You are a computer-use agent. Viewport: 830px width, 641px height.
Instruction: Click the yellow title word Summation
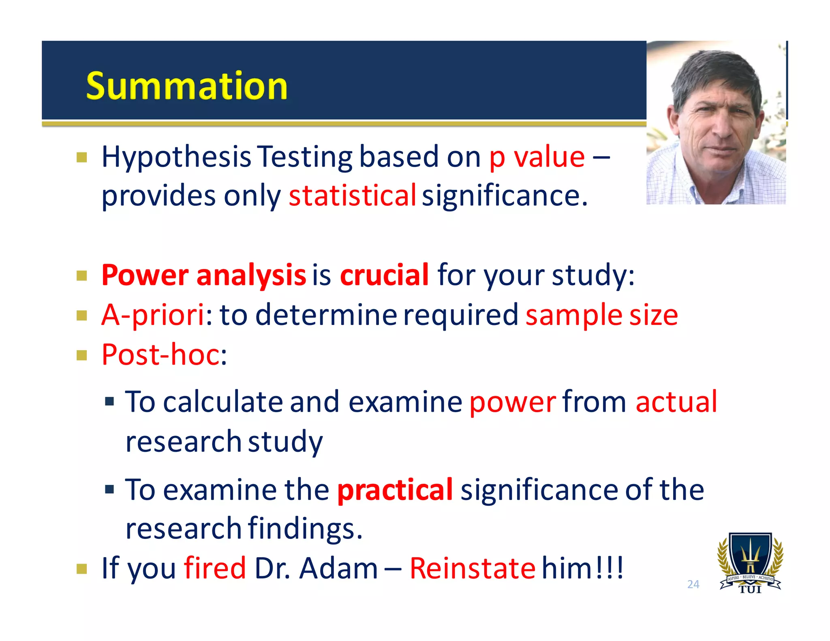[186, 86]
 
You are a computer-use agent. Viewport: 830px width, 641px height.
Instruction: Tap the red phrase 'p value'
[537, 157]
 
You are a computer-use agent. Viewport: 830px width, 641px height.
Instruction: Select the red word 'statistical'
[352, 196]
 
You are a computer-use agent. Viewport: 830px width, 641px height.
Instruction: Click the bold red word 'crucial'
[384, 275]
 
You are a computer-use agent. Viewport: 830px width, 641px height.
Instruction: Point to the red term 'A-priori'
[153, 315]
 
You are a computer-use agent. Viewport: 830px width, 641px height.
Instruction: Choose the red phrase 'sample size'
[601, 315]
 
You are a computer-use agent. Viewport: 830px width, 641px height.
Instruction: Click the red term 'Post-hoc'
[160, 355]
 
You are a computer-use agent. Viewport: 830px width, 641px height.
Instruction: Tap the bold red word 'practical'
[395, 489]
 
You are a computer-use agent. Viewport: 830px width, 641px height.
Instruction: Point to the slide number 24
[693, 584]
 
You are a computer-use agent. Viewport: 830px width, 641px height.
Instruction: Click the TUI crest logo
[750, 563]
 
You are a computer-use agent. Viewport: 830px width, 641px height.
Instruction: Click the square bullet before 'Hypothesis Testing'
[82, 157]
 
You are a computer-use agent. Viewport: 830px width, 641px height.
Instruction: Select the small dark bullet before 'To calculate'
[109, 402]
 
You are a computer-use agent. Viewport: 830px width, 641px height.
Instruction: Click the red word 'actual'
[676, 402]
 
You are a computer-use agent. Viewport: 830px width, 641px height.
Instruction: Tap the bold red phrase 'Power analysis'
[203, 275]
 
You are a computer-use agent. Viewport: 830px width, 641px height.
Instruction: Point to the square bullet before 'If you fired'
[82, 569]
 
